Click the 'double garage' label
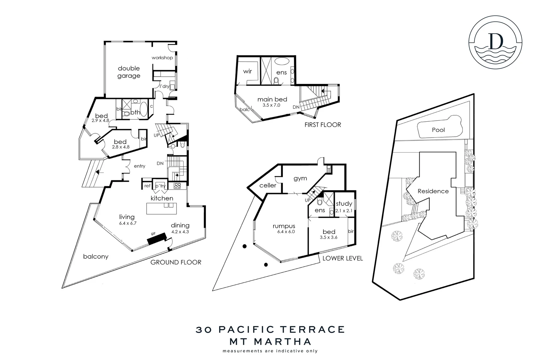coord(129,72)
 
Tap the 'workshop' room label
coord(162,58)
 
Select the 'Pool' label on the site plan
coord(438,130)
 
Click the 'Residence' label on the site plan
coord(433,191)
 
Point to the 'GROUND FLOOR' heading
coord(176,262)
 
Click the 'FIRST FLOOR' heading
coord(323,125)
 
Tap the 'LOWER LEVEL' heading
coord(342,258)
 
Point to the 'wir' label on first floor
coord(247,72)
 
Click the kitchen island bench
coord(161,209)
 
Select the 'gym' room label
coord(300,179)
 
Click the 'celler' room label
coord(268,185)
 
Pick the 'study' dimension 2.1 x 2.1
coord(344,211)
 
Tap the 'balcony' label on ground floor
coord(96,257)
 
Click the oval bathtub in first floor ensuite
coord(282,62)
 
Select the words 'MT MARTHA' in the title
coord(270,342)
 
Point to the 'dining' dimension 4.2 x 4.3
coord(180,232)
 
